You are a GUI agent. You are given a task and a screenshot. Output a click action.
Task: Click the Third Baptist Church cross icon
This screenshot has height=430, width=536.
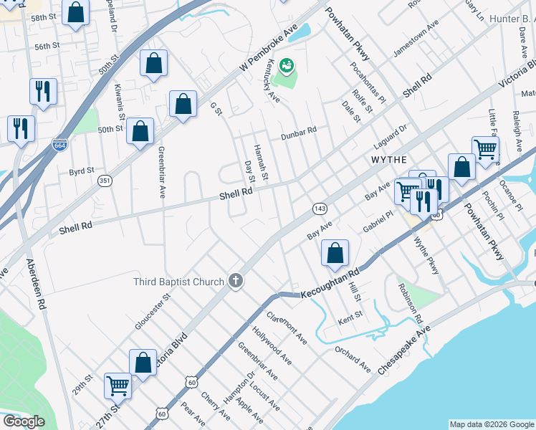(236, 282)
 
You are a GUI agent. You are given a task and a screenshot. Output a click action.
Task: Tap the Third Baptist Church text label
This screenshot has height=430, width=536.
(178, 282)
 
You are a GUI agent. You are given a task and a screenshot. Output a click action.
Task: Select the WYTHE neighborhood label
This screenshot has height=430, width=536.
(389, 158)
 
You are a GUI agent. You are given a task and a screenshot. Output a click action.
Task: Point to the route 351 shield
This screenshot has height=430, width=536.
(105, 180)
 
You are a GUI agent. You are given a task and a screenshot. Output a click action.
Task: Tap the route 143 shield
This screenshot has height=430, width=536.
(320, 209)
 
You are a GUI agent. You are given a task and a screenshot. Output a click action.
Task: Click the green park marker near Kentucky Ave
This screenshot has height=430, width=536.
(287, 67)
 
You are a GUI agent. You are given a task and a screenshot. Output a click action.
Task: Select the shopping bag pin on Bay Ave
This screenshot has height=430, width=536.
(335, 252)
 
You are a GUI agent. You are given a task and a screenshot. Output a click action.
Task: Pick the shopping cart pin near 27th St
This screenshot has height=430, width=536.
(118, 386)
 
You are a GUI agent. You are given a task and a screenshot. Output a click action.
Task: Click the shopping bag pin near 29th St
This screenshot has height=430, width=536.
(143, 362)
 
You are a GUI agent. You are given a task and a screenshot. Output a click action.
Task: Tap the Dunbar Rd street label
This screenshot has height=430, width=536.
(298, 131)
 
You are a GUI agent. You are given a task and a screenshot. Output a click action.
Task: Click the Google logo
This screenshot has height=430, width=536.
(24, 421)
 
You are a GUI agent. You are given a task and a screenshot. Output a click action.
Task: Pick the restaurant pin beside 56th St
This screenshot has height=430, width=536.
(43, 92)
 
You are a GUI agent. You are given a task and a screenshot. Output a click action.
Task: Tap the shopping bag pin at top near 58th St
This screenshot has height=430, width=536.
(75, 12)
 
